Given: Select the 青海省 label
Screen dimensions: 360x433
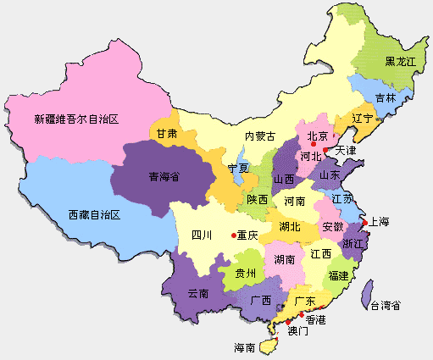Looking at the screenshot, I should (x=164, y=177).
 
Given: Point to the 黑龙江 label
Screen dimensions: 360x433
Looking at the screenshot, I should (x=401, y=62).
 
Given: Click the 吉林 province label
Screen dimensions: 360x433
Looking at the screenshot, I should (x=386, y=97).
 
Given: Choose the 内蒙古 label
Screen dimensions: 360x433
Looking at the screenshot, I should (x=261, y=136).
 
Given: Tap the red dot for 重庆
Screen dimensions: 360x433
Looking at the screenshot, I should (x=233, y=235).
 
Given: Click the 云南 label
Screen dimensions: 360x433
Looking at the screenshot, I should (x=197, y=292).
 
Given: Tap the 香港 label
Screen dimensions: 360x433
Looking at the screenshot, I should (x=315, y=320).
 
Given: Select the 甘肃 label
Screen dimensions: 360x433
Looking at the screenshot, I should (x=166, y=134).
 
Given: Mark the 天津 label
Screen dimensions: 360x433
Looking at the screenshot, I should (x=346, y=151).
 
